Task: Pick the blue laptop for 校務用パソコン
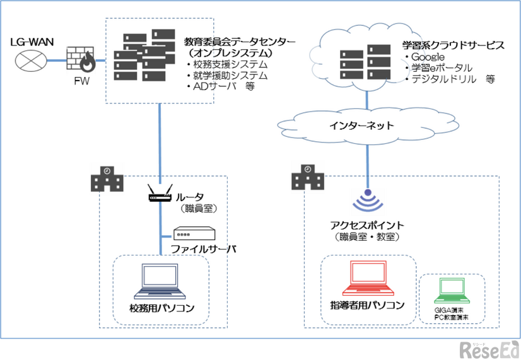click(160, 281)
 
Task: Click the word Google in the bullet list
click(431, 58)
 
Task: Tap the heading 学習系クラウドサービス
click(453, 46)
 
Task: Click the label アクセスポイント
click(367, 225)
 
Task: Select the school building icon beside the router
click(108, 179)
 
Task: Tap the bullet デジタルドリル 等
click(453, 79)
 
